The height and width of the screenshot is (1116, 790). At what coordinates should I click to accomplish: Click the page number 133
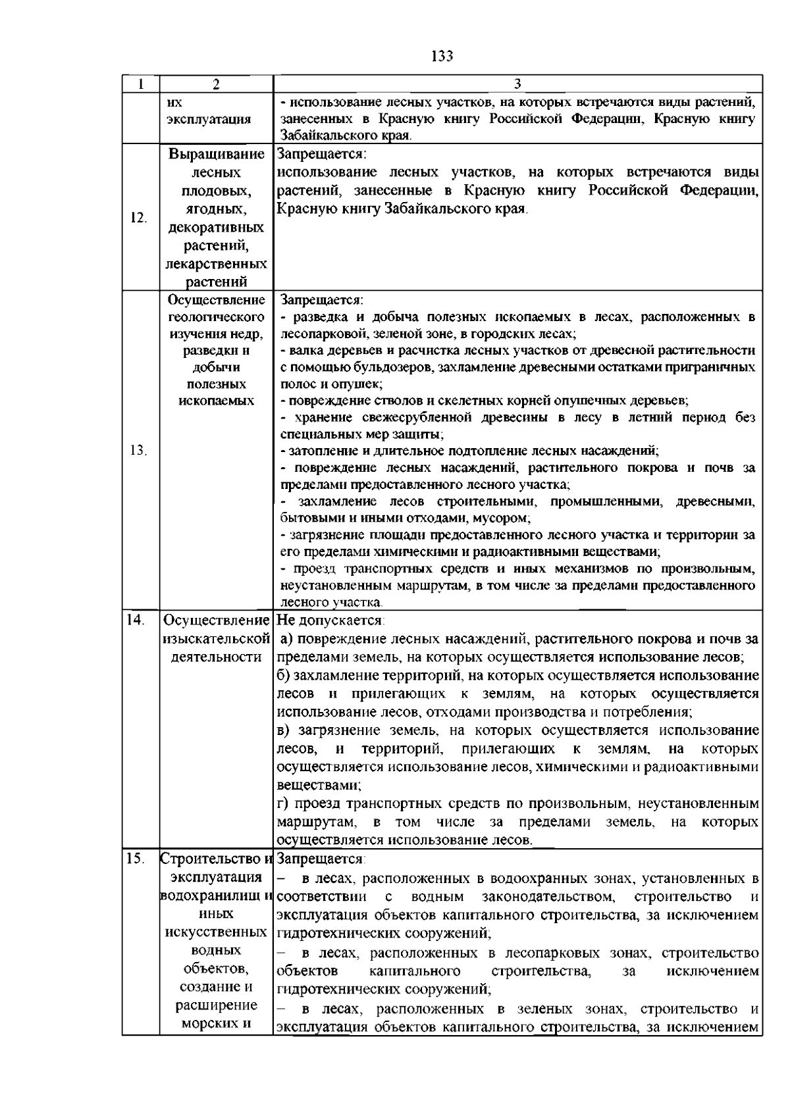(x=442, y=56)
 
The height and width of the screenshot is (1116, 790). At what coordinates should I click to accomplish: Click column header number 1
(x=140, y=84)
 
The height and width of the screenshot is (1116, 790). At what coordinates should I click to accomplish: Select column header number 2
(x=216, y=84)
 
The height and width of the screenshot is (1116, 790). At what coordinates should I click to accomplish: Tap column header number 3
(x=517, y=84)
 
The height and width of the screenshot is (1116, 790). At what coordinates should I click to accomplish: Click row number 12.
(x=138, y=218)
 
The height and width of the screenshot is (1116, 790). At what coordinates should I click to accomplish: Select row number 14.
(x=135, y=621)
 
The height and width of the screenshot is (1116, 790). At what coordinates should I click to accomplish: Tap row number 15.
(x=135, y=859)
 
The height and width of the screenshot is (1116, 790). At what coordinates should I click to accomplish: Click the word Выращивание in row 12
(x=216, y=155)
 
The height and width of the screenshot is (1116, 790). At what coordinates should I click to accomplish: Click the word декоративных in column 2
(x=216, y=228)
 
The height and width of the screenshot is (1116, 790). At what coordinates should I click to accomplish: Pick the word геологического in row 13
(x=216, y=317)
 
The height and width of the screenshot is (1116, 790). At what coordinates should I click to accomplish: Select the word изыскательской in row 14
(x=216, y=639)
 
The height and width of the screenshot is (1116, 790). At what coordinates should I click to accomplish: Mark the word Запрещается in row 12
(x=320, y=155)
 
